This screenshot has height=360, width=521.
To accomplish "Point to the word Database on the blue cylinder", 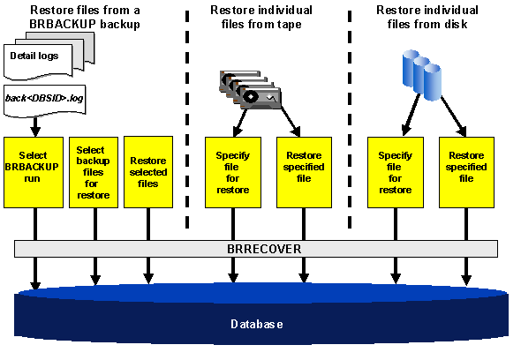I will pos(257,324).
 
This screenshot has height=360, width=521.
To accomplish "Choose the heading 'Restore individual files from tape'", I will pos(256,17).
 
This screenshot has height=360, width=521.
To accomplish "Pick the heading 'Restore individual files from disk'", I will pos(422,17).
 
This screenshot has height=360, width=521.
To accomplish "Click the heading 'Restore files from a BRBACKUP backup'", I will pos(85,17).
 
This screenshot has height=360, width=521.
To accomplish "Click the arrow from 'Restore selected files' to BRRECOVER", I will pos(147,223).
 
